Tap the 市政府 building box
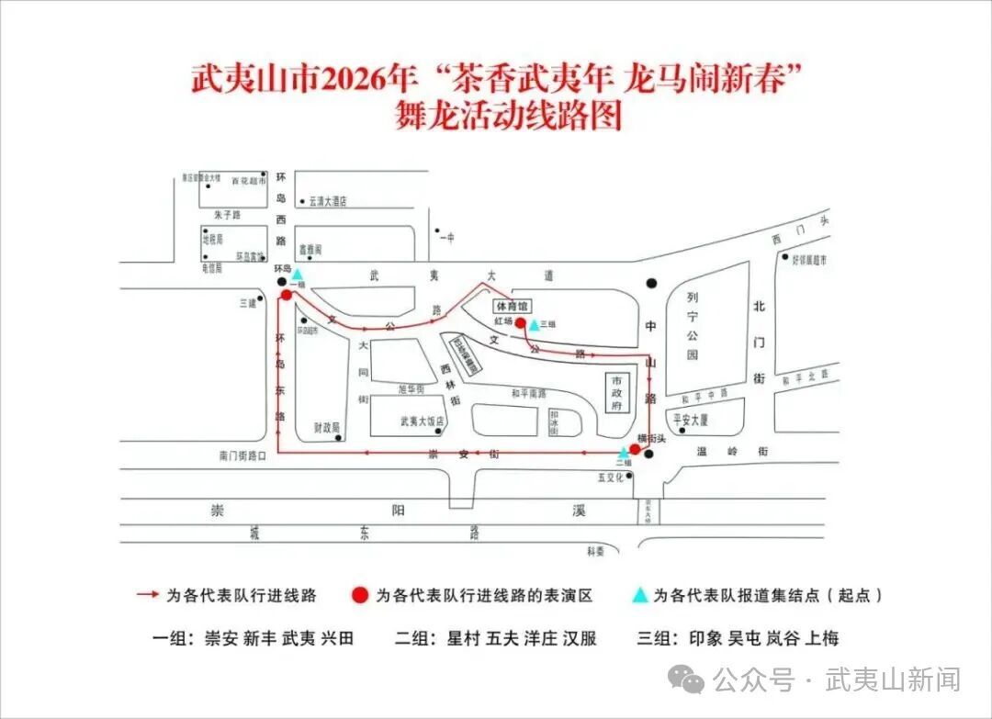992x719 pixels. point(618,392)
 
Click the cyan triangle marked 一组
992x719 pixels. point(297,275)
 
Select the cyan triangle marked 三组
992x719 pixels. point(534,324)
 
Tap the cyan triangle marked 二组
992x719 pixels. point(624,453)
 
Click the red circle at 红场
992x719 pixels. point(520,323)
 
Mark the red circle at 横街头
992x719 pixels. point(635,449)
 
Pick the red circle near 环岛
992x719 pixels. point(287,294)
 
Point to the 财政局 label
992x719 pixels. point(326,427)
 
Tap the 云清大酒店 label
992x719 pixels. point(328,201)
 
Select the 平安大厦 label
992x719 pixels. point(691,420)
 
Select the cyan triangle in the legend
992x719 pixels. point(640,595)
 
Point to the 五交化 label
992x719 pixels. point(611,477)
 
